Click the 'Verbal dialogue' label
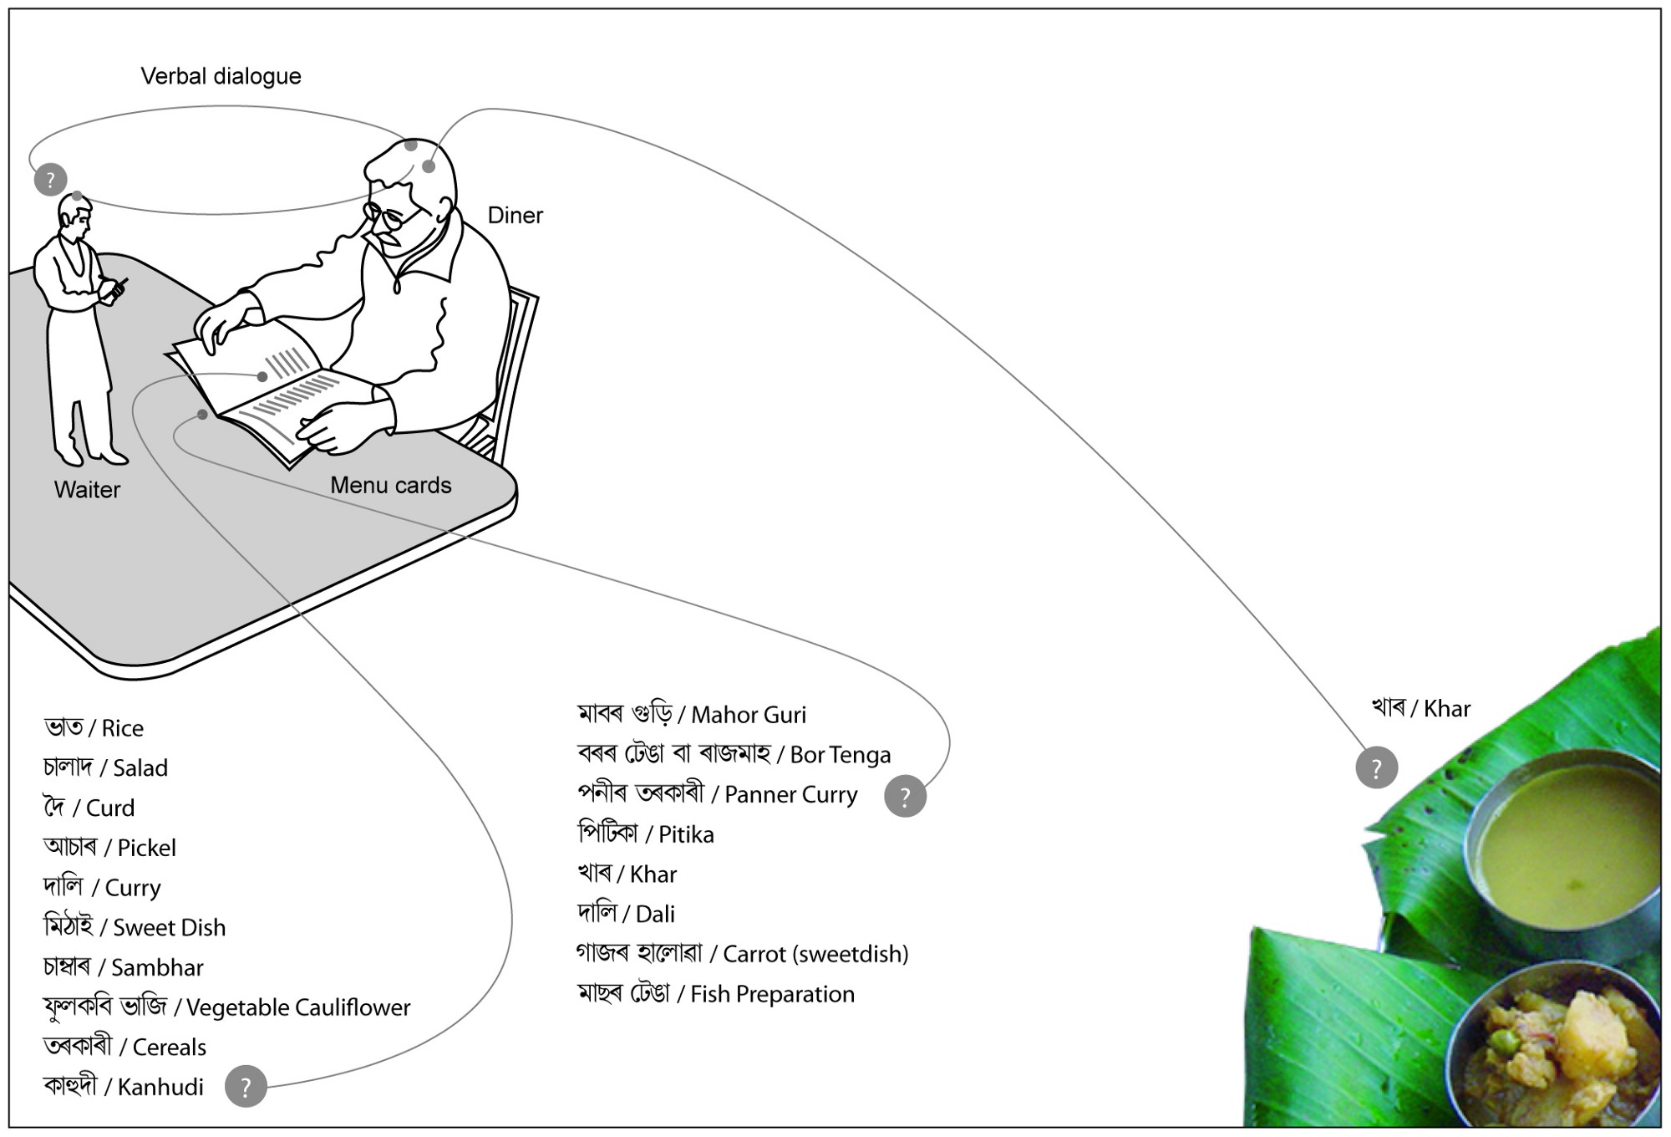tap(221, 76)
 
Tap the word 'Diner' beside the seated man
tap(515, 216)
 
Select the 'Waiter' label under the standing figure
tap(87, 490)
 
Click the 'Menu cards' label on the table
tap(390, 486)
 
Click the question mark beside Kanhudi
tap(246, 1087)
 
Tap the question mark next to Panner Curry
tap(905, 796)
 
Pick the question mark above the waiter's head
tap(50, 180)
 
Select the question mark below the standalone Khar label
tap(1376, 767)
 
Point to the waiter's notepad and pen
tap(114, 288)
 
